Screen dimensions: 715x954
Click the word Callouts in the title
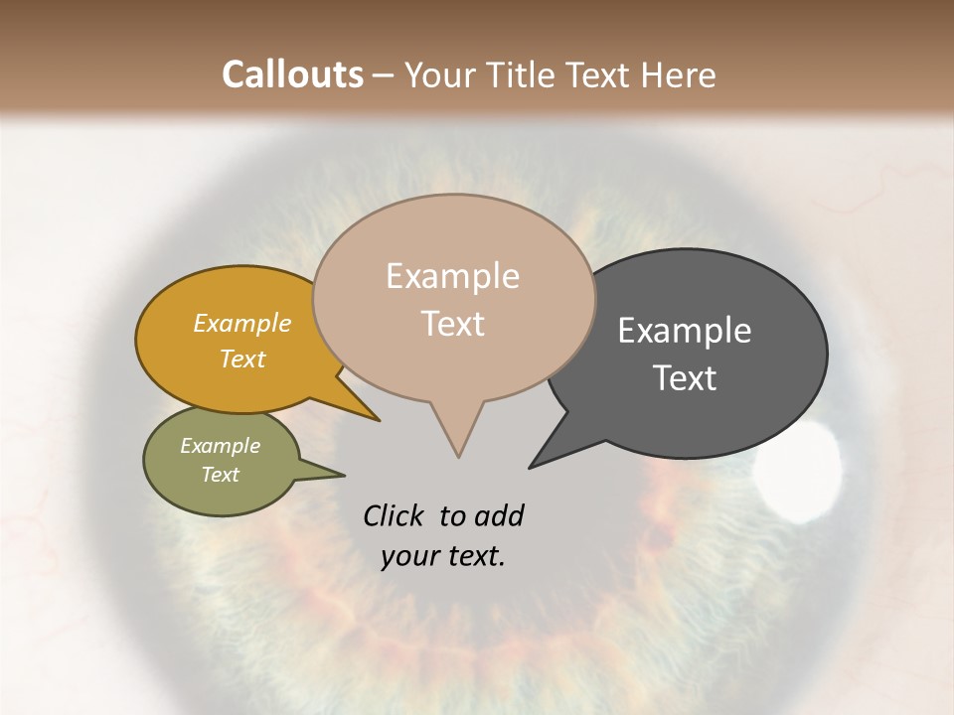[x=292, y=74]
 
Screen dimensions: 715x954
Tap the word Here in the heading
[x=680, y=74]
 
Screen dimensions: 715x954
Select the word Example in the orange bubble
[x=241, y=323]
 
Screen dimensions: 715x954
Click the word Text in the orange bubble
[x=241, y=358]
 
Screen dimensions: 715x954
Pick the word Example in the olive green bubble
[x=220, y=445]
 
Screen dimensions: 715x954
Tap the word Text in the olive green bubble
[x=220, y=475]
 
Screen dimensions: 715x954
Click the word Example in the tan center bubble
[x=452, y=276]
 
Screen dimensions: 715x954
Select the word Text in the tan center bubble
[x=453, y=324]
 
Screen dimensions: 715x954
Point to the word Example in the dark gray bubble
[x=685, y=330]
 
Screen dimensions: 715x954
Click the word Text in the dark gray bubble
[x=685, y=378]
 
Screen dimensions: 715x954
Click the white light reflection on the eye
[x=798, y=471]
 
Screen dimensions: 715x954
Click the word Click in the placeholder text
[x=395, y=515]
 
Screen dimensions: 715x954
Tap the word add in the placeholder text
[x=499, y=515]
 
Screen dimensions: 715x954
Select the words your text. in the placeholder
[x=443, y=556]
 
